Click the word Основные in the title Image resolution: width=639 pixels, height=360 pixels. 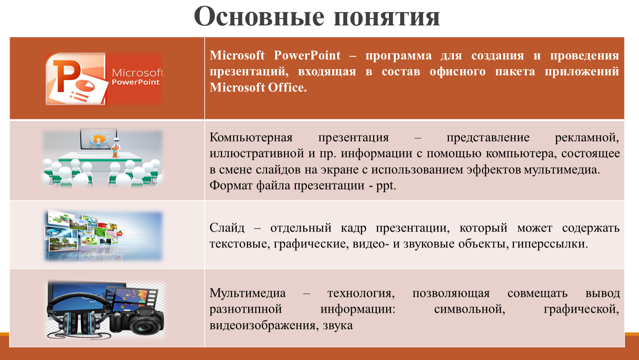pyautogui.click(x=259, y=16)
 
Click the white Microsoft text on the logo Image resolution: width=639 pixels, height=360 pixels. pyautogui.click(x=138, y=73)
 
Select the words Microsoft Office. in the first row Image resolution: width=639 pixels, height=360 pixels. pyautogui.click(x=258, y=87)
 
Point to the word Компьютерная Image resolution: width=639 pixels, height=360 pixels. pyautogui.click(x=251, y=138)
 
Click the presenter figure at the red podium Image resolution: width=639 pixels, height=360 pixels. pyautogui.click(x=115, y=147)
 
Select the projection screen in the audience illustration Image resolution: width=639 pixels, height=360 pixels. pyautogui.click(x=98, y=139)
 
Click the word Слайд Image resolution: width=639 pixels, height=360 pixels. pyautogui.click(x=227, y=228)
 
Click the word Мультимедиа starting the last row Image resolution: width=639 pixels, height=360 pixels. pyautogui.click(x=247, y=293)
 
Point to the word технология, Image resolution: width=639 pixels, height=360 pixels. pyautogui.click(x=361, y=293)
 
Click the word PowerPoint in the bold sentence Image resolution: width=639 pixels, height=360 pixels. pyautogui.click(x=307, y=55)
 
